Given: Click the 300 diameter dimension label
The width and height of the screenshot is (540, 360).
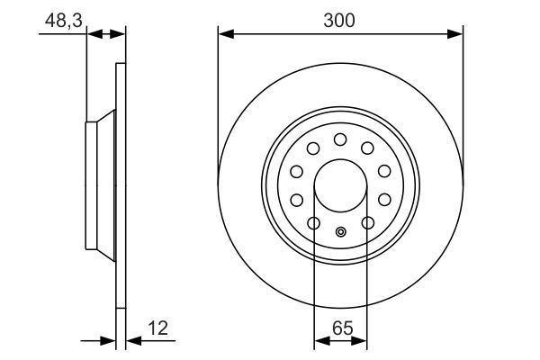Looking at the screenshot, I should pos(340,19).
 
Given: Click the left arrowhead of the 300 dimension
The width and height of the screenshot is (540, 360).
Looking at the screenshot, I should pos(224,34).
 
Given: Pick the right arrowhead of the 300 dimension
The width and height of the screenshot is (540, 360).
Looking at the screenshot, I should pos(456,34).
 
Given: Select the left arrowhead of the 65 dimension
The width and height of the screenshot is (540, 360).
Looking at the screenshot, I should pos(319,341).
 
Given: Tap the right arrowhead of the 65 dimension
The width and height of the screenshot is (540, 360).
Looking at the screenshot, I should pos(362,341).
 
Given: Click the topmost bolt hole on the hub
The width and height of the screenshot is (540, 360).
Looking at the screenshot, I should pos(340,139).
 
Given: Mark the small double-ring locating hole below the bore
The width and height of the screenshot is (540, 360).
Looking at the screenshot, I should pos(340,232).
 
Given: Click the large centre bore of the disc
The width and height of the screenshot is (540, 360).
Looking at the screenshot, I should pos(340,185).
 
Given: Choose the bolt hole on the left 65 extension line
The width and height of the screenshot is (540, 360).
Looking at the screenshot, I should pos(313,222).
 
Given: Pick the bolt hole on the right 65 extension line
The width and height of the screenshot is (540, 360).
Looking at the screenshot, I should pos(367,222).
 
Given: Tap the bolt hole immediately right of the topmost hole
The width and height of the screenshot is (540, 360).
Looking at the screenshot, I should pos(367,148).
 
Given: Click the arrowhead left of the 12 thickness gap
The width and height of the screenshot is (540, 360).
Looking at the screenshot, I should pos(111,341).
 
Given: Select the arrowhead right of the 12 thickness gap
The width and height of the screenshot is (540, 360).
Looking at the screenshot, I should pos(131,341).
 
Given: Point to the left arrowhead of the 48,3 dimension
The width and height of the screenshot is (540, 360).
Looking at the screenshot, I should pos(92,34).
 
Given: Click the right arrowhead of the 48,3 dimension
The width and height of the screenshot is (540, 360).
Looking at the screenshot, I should pos(120,34).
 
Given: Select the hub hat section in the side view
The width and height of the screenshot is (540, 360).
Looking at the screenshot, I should pos(100,185).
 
